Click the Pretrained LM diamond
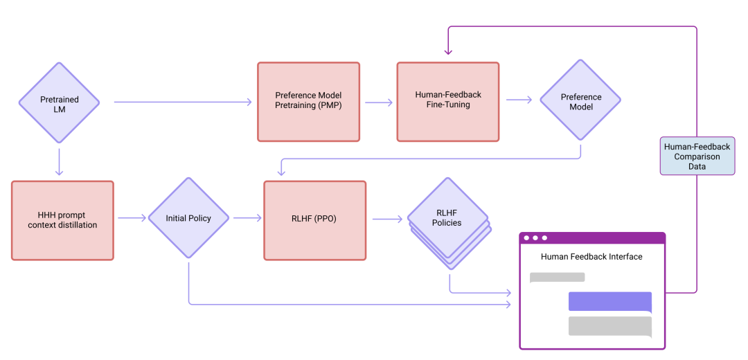tap(59, 104)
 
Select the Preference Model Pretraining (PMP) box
tap(308, 102)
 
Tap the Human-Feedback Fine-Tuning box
tap(447, 102)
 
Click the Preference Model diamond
tap(580, 101)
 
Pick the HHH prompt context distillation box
tap(62, 220)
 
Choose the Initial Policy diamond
tap(188, 218)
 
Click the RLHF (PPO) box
tap(314, 220)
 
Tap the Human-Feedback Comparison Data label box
tap(697, 155)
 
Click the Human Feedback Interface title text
tap(591, 257)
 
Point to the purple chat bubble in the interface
tap(609, 302)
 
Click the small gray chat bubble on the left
tap(557, 277)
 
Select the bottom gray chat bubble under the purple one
tap(609, 326)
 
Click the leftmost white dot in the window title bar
tap(527, 238)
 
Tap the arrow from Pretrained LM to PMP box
tap(183, 102)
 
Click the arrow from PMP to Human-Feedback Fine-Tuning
tap(378, 102)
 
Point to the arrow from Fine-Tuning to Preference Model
tap(519, 100)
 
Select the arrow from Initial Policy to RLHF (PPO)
tap(247, 218)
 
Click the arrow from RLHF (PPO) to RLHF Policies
tap(387, 219)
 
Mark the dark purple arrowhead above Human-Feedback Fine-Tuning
tap(448, 51)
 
